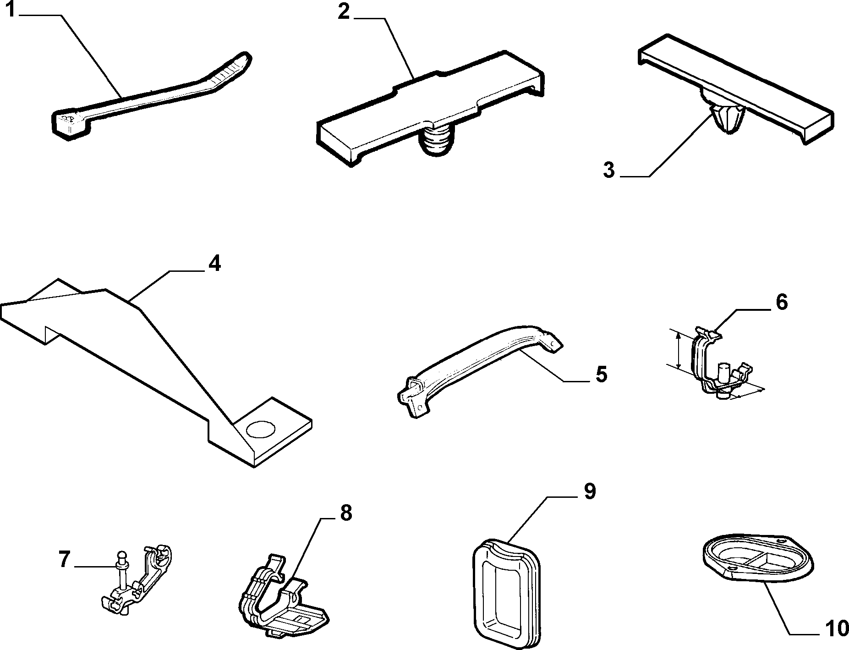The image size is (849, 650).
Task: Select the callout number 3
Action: click(x=608, y=171)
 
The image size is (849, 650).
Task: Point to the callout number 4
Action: click(x=214, y=264)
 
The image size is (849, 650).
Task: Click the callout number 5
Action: click(x=601, y=375)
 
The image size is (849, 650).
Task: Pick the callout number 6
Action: click(x=781, y=303)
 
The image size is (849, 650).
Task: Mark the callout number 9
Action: click(x=589, y=491)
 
